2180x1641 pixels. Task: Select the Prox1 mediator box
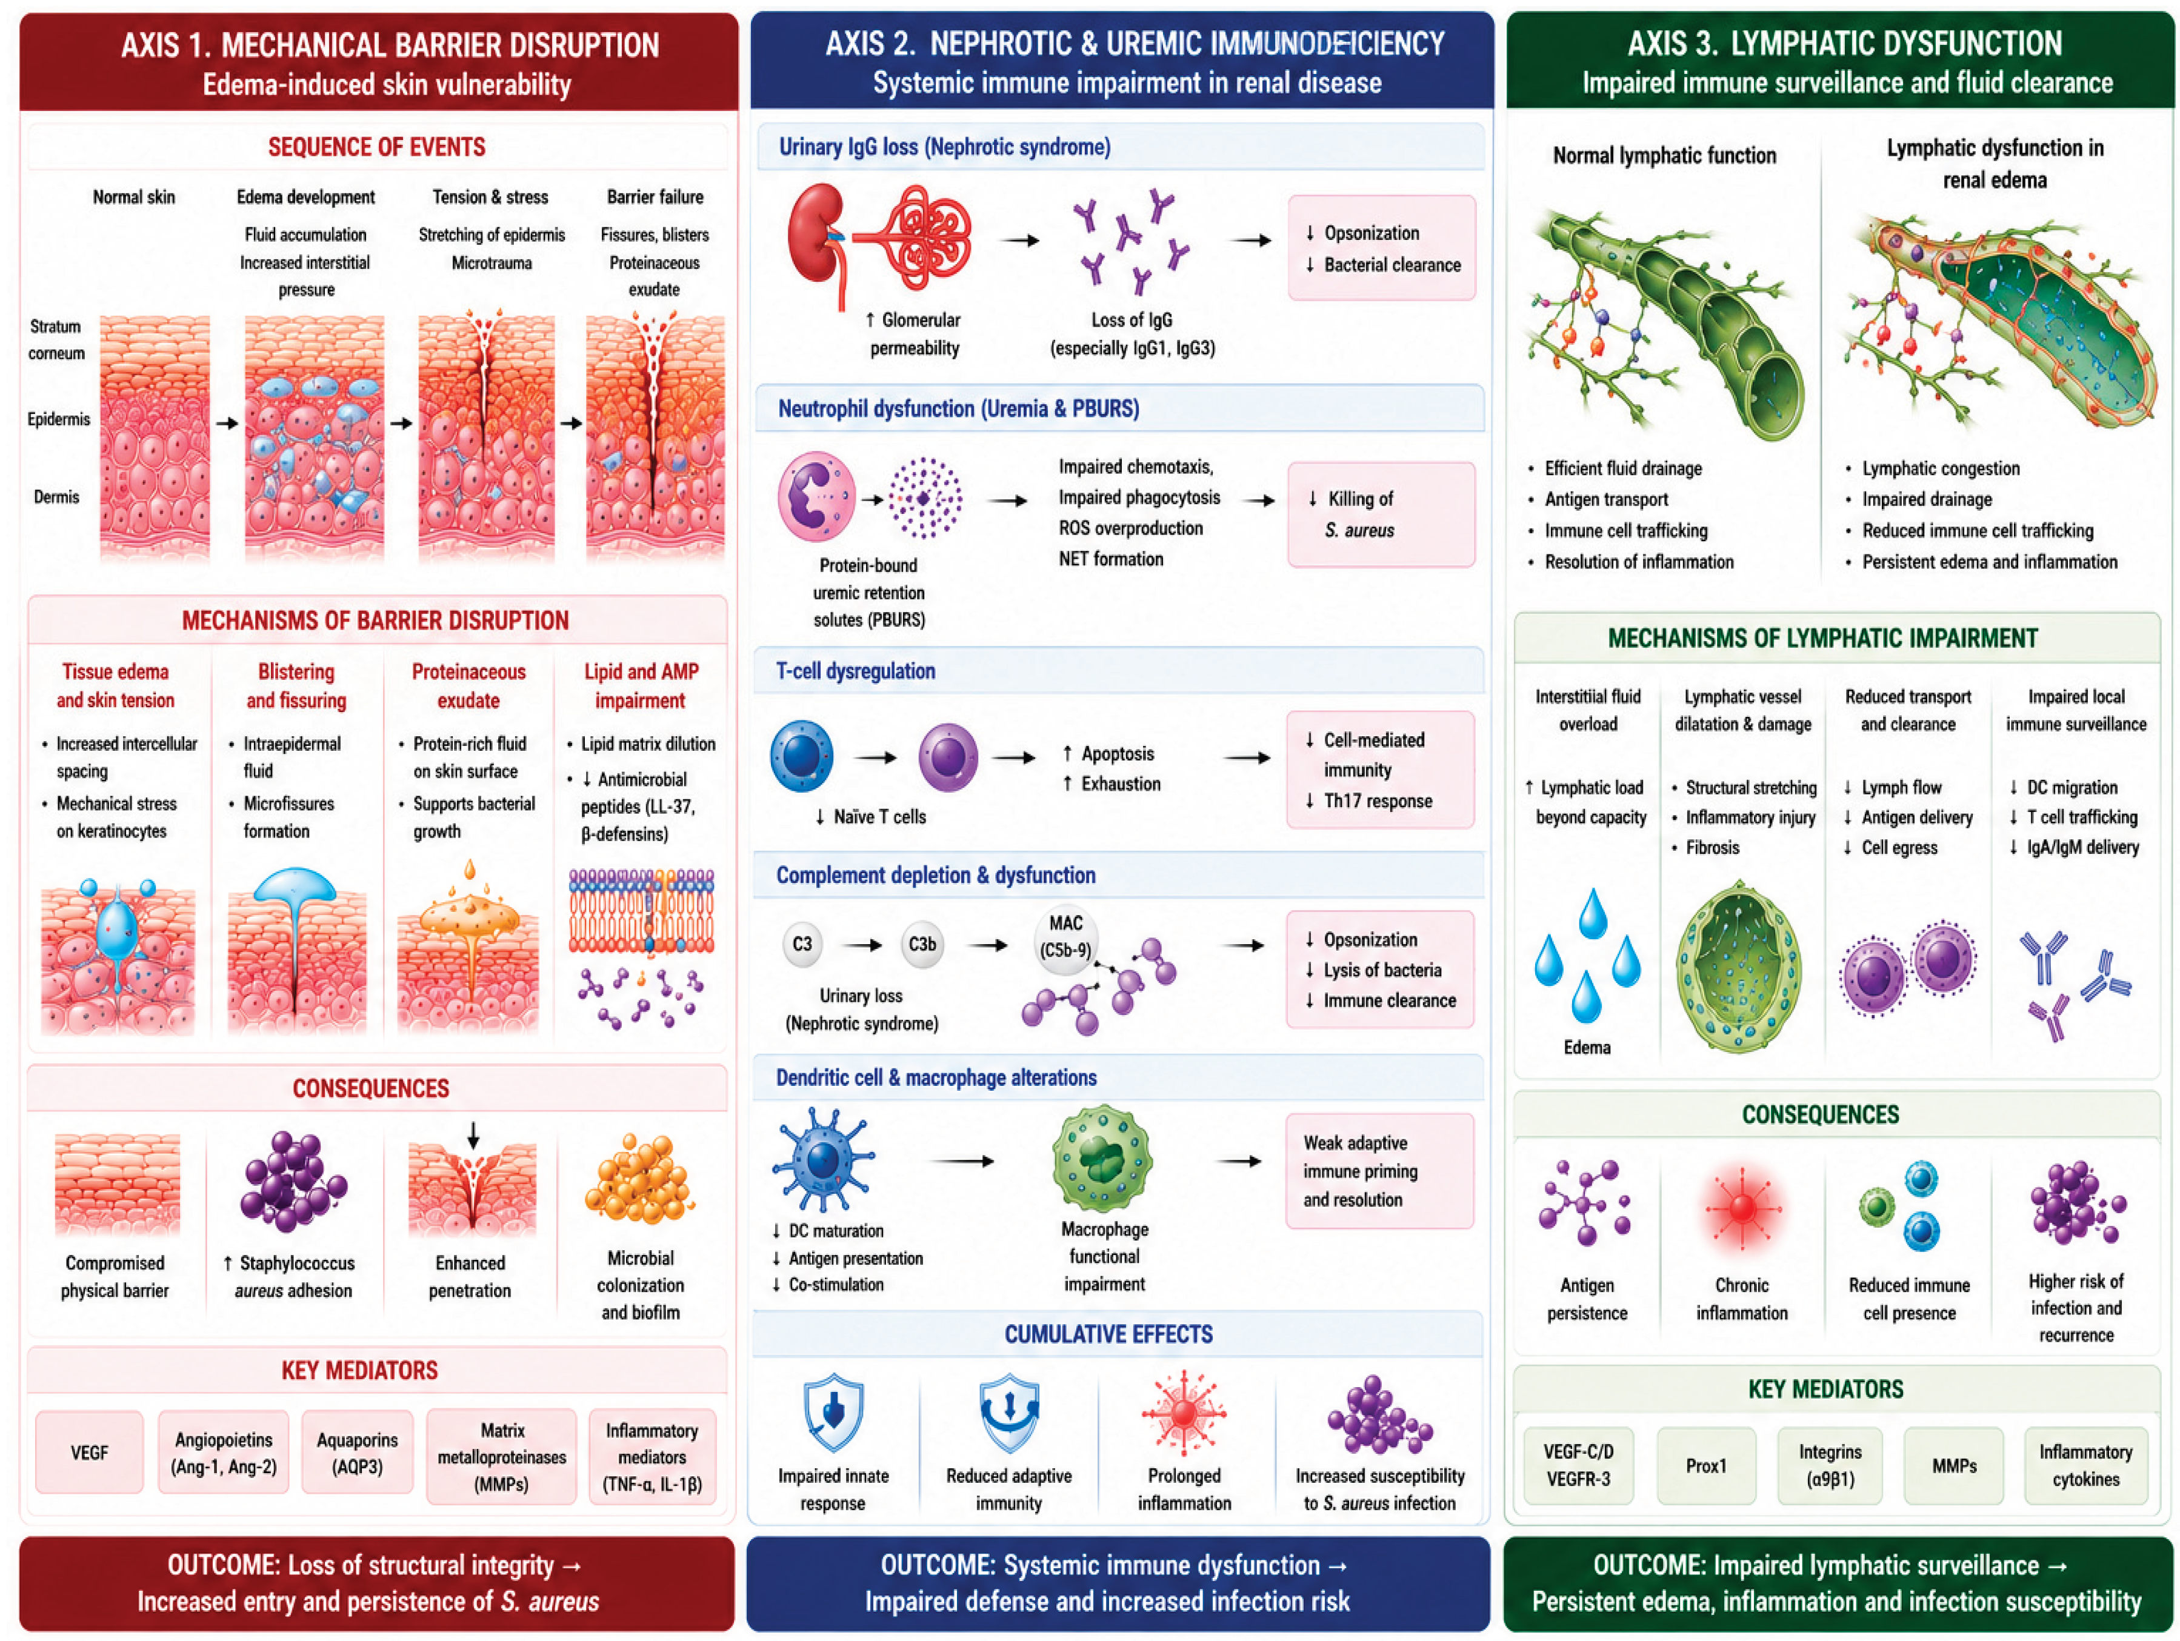(x=1706, y=1465)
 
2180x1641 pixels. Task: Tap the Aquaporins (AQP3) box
(x=357, y=1452)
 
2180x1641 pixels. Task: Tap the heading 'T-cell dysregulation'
(x=855, y=671)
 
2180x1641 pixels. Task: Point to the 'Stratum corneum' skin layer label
(x=56, y=340)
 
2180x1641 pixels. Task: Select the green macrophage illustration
(x=1103, y=1159)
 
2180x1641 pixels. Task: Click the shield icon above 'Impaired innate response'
(x=834, y=1413)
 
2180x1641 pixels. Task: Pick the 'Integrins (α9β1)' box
(x=1830, y=1465)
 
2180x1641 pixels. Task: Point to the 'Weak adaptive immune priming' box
(x=1380, y=1171)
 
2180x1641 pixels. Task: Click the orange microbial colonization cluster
(x=639, y=1180)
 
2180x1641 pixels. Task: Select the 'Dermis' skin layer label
(x=56, y=497)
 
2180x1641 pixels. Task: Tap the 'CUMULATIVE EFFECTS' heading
(x=1108, y=1334)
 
